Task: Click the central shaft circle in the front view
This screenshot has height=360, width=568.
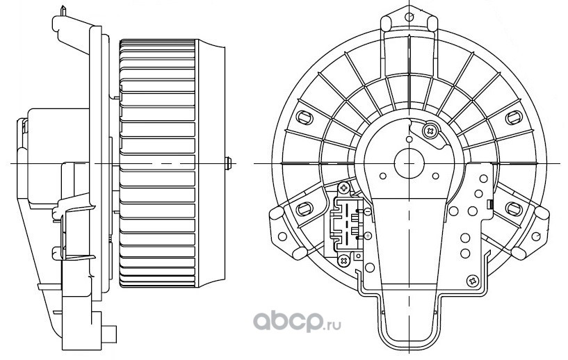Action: point(409,163)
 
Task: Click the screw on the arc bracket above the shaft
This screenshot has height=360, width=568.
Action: point(430,129)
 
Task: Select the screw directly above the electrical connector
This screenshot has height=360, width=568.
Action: point(344,188)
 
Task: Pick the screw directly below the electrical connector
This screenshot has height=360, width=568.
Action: point(344,260)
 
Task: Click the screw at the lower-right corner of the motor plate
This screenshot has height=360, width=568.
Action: point(473,280)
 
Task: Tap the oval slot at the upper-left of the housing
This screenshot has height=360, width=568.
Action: point(303,116)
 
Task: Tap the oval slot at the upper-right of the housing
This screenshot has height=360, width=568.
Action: point(514,116)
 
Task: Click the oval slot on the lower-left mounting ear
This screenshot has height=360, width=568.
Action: point(303,208)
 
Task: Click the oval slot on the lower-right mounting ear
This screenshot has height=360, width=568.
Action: point(514,208)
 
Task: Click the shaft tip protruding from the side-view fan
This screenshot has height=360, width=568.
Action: point(228,163)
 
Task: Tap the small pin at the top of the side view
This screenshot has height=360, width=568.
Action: point(65,12)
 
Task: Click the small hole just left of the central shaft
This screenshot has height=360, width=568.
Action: point(381,177)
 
